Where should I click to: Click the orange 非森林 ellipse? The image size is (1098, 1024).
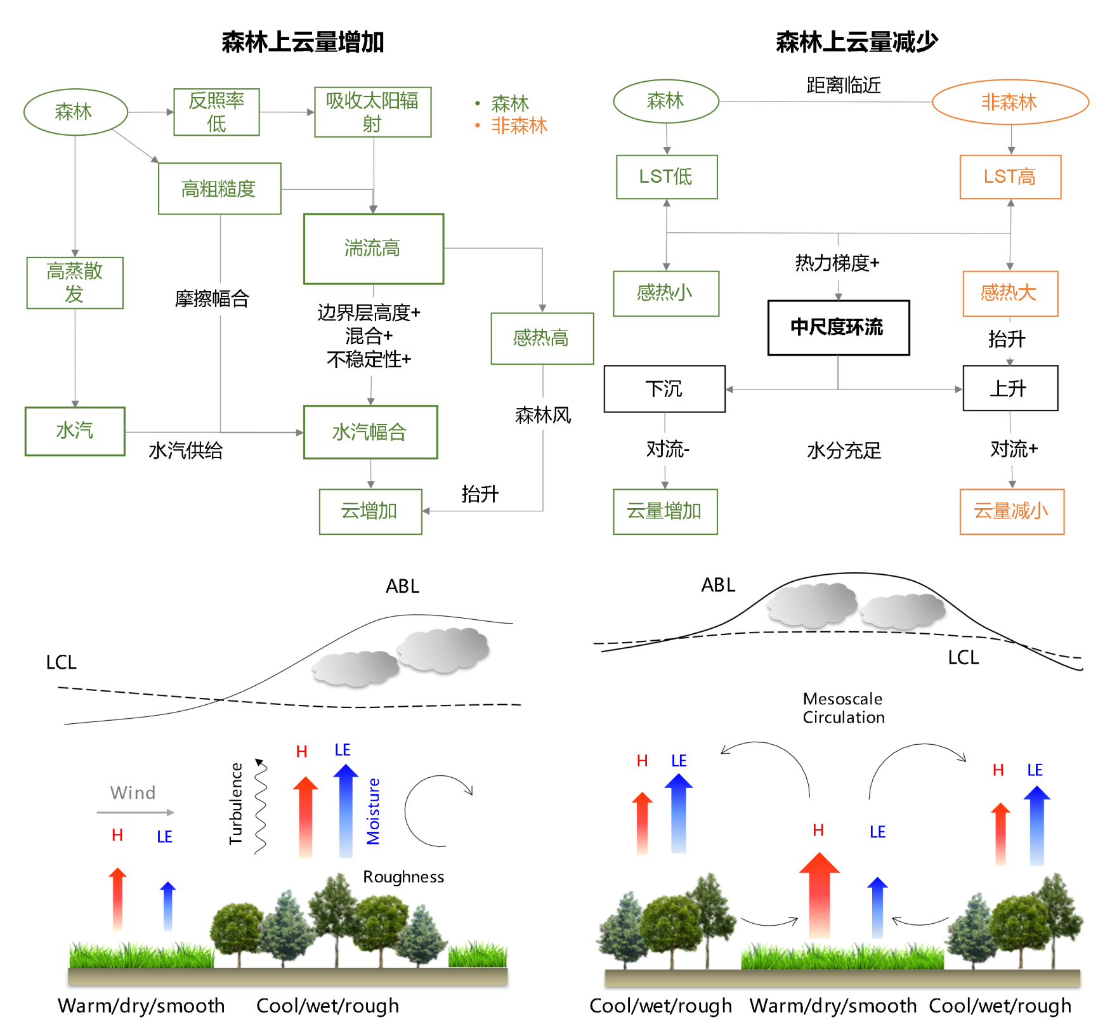tap(1010, 102)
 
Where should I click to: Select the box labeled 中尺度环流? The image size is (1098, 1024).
tap(838, 327)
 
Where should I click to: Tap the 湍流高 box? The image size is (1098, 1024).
tap(373, 248)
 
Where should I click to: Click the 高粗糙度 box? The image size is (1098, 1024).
tap(219, 188)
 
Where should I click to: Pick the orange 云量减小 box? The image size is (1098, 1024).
tap(1011, 511)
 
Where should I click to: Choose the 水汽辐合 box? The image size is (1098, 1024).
tap(370, 432)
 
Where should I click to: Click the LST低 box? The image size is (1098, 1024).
tap(666, 176)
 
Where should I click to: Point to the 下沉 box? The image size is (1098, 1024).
tap(664, 389)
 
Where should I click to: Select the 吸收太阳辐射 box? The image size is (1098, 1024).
tap(372, 112)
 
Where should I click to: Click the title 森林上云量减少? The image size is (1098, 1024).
tap(856, 42)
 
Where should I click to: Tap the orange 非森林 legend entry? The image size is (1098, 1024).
tap(518, 126)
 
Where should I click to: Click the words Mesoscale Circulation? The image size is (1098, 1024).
tap(843, 708)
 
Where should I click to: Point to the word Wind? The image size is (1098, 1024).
tap(133, 792)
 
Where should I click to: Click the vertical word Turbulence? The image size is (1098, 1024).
tap(236, 803)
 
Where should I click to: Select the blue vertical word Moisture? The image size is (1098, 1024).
tap(373, 811)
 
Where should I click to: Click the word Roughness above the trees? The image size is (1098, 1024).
tap(403, 877)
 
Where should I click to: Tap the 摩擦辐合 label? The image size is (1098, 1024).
tap(212, 298)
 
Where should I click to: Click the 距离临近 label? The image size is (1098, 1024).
tap(843, 85)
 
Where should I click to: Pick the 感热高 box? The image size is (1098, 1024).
tap(542, 338)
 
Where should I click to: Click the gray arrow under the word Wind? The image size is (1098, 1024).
tap(135, 812)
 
